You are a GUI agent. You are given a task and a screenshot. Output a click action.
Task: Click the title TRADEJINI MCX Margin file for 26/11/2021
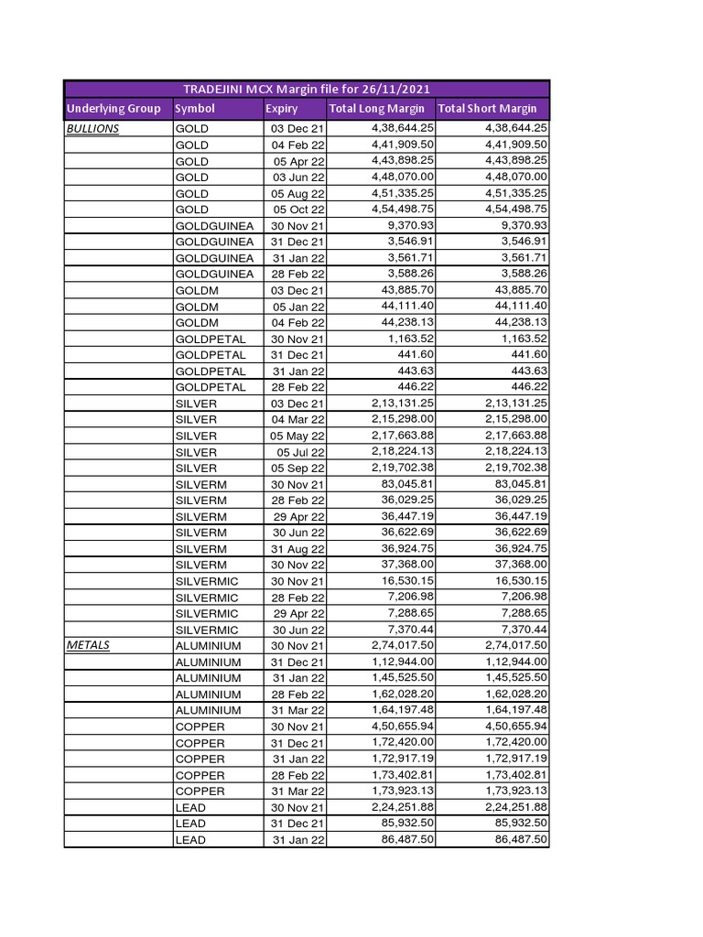click(306, 89)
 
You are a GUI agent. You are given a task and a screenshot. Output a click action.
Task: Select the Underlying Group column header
click(114, 109)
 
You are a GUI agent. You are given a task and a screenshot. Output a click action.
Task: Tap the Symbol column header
click(194, 109)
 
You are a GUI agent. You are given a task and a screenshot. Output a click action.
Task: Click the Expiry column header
click(281, 109)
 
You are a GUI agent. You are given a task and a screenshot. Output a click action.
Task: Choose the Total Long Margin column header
click(376, 109)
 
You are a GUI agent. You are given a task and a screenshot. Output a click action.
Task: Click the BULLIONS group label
click(92, 129)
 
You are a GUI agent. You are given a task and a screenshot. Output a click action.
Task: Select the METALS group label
click(88, 645)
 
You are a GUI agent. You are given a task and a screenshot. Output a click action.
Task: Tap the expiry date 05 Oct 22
click(298, 210)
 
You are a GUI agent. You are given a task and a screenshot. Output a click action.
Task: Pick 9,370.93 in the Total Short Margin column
click(519, 225)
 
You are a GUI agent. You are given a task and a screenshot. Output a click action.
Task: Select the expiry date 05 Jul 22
click(300, 452)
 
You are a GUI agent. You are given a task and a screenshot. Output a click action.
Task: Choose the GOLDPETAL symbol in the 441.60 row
click(210, 355)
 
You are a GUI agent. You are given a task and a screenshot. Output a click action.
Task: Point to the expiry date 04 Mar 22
click(297, 419)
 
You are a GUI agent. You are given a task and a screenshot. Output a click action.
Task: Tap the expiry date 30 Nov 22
click(297, 565)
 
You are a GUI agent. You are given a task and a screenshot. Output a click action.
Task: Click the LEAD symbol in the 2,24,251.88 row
click(190, 808)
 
